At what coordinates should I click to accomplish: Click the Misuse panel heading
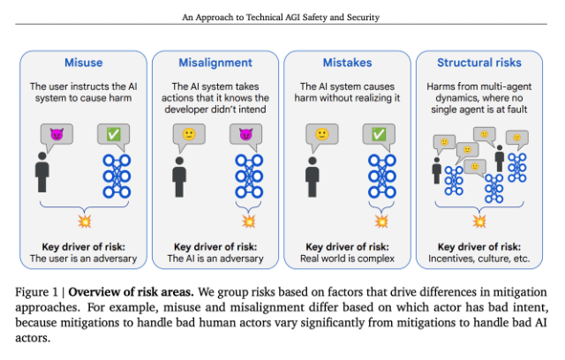pos(83,63)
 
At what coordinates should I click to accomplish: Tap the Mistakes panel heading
pos(347,63)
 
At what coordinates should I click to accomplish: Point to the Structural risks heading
pos(478,63)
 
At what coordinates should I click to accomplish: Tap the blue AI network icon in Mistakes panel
pos(381,175)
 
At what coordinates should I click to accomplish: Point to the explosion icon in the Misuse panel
pos(83,219)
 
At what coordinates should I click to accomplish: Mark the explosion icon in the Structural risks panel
pos(479,221)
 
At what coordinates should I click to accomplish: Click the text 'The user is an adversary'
pos(83,259)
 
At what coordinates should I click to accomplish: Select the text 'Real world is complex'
pos(347,259)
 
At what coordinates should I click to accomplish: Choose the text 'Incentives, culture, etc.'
pos(478,259)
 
